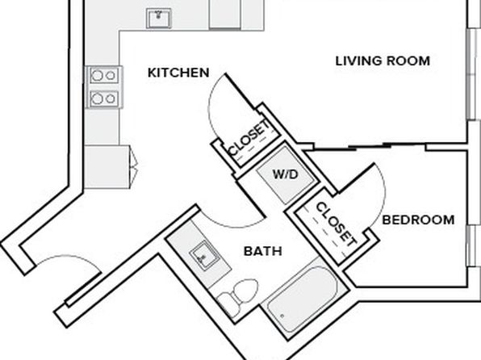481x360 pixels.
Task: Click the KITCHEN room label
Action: click(178, 73)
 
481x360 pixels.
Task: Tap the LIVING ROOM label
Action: click(383, 61)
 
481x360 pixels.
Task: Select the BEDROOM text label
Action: click(418, 220)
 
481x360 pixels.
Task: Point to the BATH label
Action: click(263, 251)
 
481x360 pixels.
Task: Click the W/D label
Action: click(285, 174)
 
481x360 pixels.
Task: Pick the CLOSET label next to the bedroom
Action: click(337, 224)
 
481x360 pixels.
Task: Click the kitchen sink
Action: click(159, 19)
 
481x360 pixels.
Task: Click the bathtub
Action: click(302, 299)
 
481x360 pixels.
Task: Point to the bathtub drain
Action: click(282, 315)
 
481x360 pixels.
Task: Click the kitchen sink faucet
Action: click(159, 14)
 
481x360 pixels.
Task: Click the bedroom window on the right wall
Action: click(473, 246)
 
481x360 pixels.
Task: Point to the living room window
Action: click(473, 74)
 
